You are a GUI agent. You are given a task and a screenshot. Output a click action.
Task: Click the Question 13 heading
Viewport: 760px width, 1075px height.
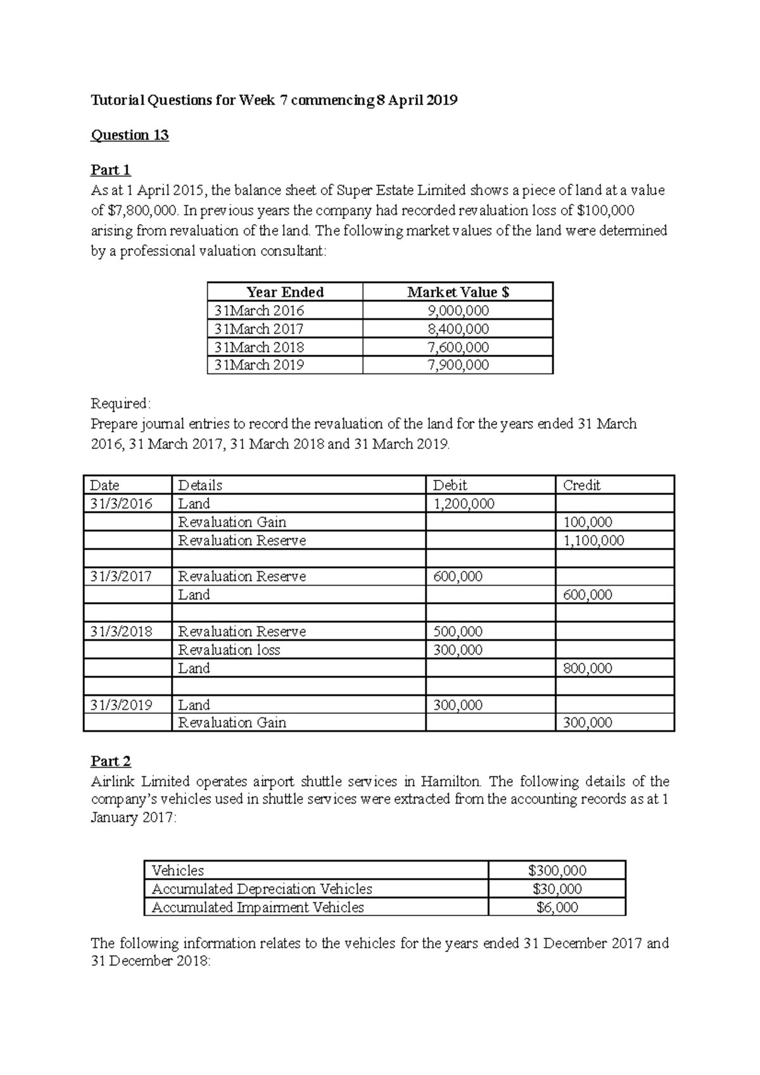click(130, 135)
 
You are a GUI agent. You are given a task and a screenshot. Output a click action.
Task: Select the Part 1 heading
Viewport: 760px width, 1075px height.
click(111, 170)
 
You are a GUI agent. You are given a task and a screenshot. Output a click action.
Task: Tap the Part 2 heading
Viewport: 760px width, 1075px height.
click(111, 761)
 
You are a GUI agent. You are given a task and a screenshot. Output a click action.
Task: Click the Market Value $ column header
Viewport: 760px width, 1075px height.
click(458, 292)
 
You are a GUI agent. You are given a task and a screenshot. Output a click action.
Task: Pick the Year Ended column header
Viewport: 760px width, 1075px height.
click(285, 292)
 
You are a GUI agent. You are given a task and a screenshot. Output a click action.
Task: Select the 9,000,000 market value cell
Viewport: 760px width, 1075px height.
click(458, 311)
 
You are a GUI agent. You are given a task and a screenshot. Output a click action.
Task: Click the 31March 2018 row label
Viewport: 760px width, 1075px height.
click(259, 347)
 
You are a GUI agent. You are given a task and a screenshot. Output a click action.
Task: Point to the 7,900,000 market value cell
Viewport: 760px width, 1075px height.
click(458, 365)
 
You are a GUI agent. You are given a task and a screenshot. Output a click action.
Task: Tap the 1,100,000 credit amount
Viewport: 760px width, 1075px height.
click(593, 541)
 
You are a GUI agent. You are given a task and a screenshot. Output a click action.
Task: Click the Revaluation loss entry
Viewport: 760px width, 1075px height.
click(229, 650)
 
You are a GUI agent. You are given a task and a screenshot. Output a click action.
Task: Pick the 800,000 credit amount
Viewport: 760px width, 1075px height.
click(587, 669)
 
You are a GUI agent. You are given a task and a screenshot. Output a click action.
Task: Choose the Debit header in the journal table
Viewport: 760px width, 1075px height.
click(450, 486)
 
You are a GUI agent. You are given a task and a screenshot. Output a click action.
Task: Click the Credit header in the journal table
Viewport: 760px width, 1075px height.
click(581, 486)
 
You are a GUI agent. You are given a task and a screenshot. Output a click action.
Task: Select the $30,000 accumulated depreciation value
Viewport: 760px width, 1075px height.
click(557, 889)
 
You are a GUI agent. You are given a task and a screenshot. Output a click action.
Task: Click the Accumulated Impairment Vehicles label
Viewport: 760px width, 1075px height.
click(258, 907)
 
